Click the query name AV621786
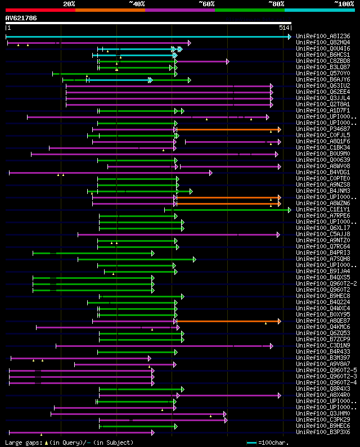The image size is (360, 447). (21, 18)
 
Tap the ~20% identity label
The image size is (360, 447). (69, 4)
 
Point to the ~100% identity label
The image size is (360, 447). (343, 4)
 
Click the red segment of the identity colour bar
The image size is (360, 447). (40, 10)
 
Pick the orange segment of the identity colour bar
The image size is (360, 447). (110, 10)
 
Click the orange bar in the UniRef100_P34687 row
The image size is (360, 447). (228, 129)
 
